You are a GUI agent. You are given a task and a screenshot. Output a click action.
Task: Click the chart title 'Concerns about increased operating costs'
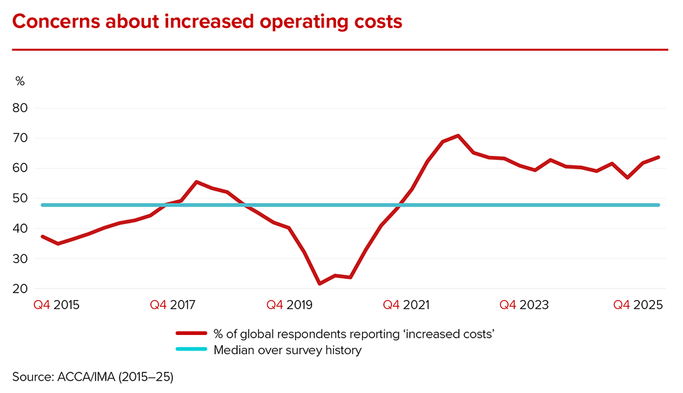[207, 22]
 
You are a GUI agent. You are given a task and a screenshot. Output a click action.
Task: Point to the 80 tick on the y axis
[20, 108]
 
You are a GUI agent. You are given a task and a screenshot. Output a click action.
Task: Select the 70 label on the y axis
[20, 138]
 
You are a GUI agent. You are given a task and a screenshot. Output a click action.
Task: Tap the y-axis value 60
[20, 168]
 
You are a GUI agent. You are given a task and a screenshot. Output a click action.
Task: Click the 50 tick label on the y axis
[20, 198]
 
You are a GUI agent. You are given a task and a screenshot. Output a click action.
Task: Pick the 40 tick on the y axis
[20, 228]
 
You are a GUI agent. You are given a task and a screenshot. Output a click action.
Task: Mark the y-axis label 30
[20, 258]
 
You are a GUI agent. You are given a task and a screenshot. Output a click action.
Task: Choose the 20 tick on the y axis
[20, 288]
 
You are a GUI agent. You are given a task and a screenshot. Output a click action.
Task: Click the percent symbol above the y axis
[20, 81]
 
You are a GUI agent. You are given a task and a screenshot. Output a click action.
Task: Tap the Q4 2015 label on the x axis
[57, 306]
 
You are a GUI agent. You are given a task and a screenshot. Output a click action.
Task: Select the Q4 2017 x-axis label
[173, 306]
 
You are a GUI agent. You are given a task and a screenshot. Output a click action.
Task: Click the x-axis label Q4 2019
[290, 306]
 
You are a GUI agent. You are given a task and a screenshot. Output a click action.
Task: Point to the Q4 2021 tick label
[406, 306]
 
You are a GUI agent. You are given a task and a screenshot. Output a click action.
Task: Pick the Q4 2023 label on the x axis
[522, 306]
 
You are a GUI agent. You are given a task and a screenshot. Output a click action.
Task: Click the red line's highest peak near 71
[458, 135]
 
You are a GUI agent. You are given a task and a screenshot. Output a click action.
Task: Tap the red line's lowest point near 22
[319, 284]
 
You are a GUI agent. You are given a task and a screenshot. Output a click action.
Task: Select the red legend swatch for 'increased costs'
[191, 334]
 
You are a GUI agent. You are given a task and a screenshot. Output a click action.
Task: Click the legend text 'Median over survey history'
[287, 350]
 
